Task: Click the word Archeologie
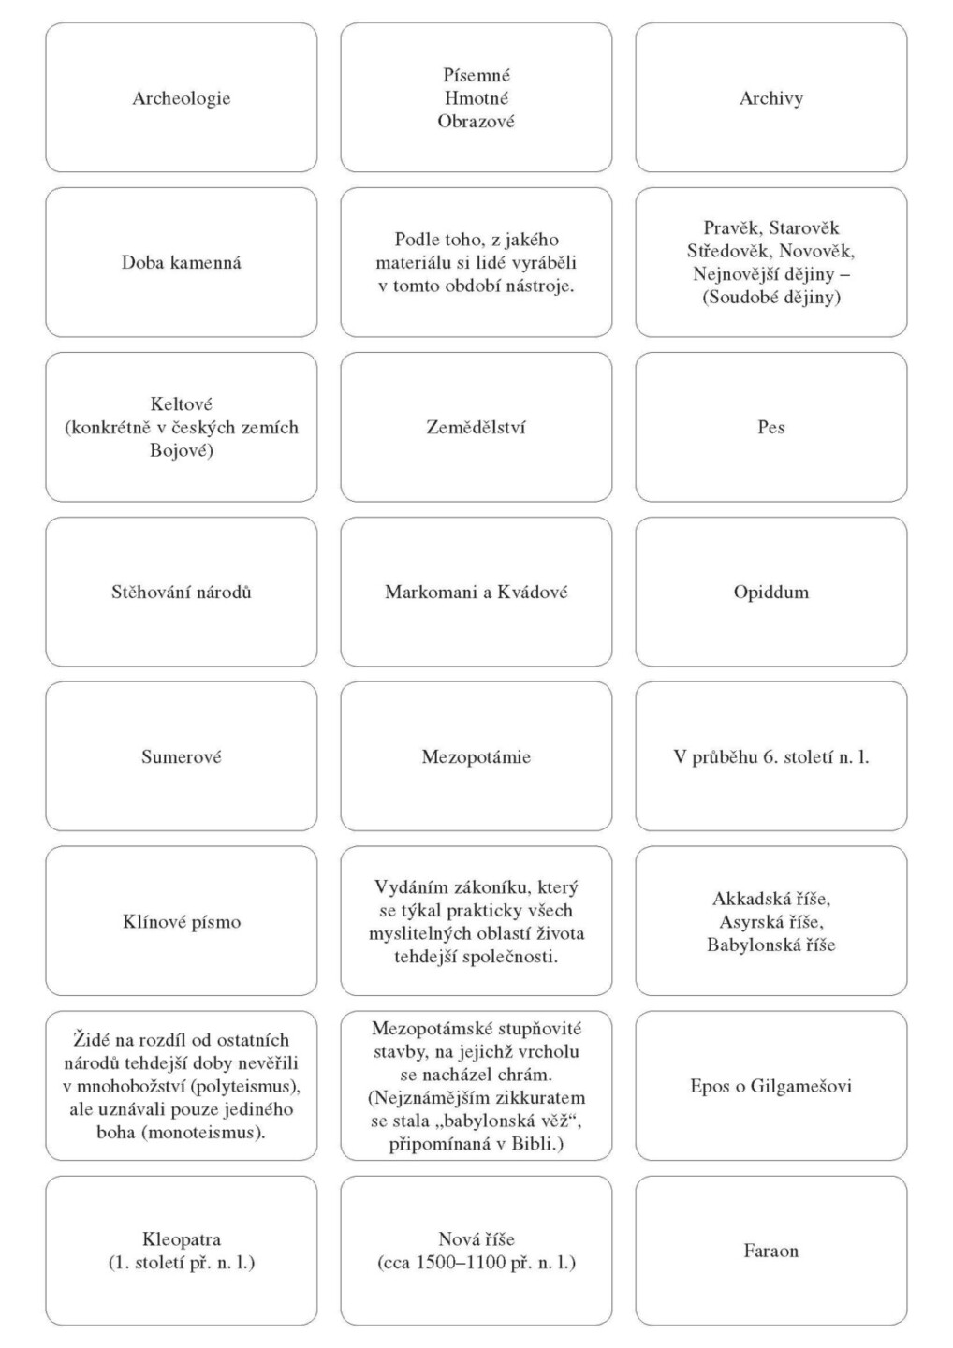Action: (x=181, y=98)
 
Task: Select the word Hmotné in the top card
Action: (x=476, y=98)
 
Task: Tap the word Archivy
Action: (x=770, y=98)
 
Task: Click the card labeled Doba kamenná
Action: (x=181, y=263)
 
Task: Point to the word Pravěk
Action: (x=732, y=228)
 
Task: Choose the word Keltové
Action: (x=181, y=404)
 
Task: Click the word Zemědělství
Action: (x=476, y=428)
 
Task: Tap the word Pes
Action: (x=770, y=428)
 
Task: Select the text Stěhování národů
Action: (x=181, y=593)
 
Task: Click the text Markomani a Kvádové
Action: (x=476, y=593)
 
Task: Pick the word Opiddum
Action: (x=770, y=593)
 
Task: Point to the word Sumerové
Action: (x=181, y=757)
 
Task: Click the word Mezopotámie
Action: (x=476, y=757)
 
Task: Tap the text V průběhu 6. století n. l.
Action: (x=770, y=757)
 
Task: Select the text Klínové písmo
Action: (x=181, y=922)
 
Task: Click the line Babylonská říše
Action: (x=770, y=945)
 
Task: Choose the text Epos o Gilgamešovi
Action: (x=770, y=1087)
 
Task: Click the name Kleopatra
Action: (x=181, y=1240)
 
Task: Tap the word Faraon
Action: (x=770, y=1252)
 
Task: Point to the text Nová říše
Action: (x=476, y=1240)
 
